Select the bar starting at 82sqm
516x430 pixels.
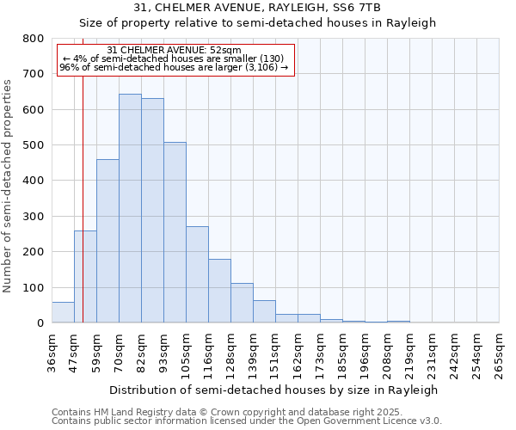coord(152,211)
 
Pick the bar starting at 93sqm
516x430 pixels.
coord(175,232)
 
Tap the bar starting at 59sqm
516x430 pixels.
coord(107,241)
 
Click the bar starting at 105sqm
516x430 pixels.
coord(197,274)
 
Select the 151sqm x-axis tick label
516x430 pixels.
coord(275,351)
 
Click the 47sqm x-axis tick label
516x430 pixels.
coord(74,351)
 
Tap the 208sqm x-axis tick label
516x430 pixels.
coord(387,351)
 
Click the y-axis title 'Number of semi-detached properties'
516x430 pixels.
coord(9,182)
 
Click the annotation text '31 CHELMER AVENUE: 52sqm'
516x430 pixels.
coord(175,51)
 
